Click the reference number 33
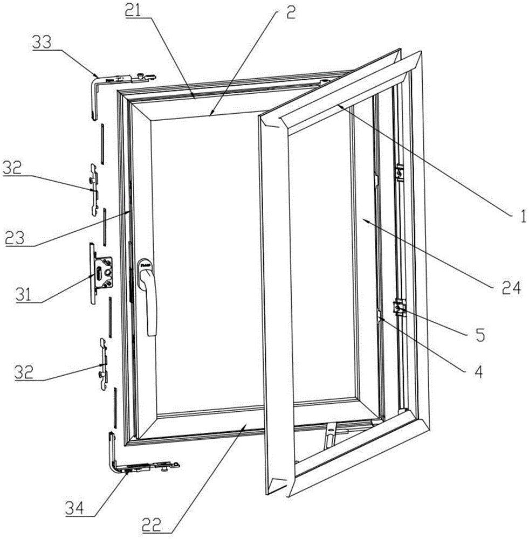click(x=42, y=43)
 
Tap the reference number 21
click(x=134, y=12)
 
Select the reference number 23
click(x=15, y=237)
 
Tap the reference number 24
click(x=511, y=288)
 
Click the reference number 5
click(x=480, y=334)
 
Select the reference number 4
click(x=478, y=371)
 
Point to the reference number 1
click(x=523, y=217)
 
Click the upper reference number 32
click(x=12, y=168)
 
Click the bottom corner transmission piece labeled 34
click(x=138, y=466)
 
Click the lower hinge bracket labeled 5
click(x=400, y=307)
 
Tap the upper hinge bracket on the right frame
click(x=400, y=172)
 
